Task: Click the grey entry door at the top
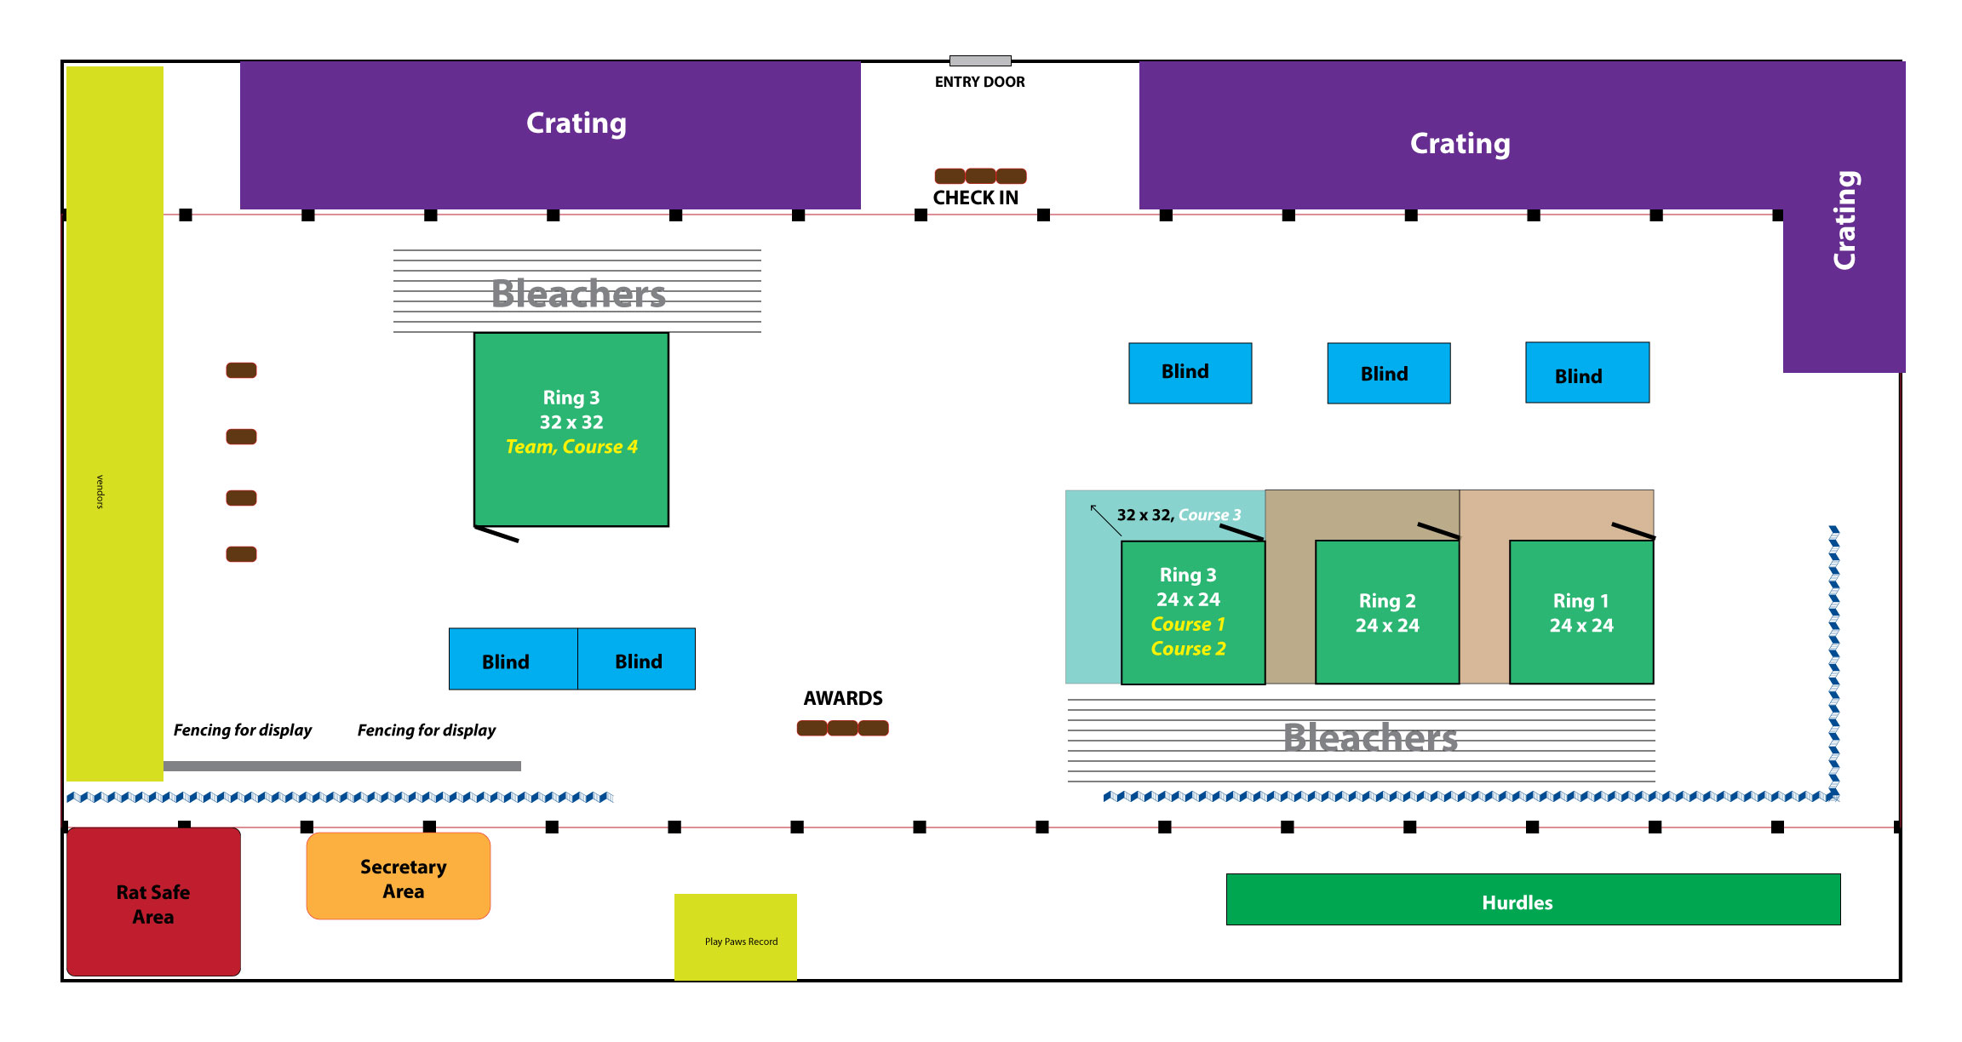(x=980, y=60)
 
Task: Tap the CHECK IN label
(x=975, y=198)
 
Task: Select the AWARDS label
(x=843, y=698)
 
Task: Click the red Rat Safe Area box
(x=153, y=902)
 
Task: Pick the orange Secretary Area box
(x=399, y=876)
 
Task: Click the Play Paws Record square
(x=736, y=936)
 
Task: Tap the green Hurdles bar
(x=1533, y=900)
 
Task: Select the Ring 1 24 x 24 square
(x=1581, y=613)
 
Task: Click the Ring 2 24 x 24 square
(x=1387, y=613)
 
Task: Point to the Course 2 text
(x=1188, y=649)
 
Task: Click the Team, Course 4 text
(x=571, y=447)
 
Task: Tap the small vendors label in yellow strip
(x=100, y=492)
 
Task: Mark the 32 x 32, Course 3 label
(x=1179, y=515)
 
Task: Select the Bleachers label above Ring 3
(x=578, y=294)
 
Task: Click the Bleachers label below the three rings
(x=1370, y=738)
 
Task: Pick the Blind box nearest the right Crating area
(x=1587, y=373)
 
